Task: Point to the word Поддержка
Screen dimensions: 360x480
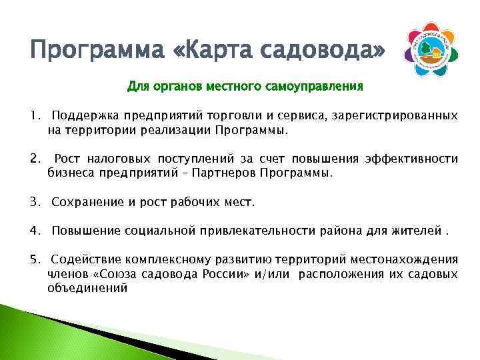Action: click(x=80, y=116)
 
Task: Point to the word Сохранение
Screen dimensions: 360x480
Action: click(x=83, y=201)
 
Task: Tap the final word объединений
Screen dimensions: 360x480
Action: click(x=87, y=288)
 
